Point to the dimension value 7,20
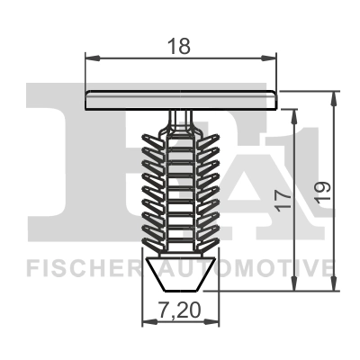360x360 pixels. click(179, 312)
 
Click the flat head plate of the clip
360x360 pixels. click(180, 100)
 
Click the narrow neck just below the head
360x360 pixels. click(180, 118)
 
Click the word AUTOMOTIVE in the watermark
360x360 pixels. click(270, 268)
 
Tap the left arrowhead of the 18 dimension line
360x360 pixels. click(90, 56)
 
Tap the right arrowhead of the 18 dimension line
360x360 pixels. click(271, 56)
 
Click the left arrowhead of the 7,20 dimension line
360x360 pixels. click(148, 326)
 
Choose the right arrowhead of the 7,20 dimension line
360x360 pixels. click(213, 326)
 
